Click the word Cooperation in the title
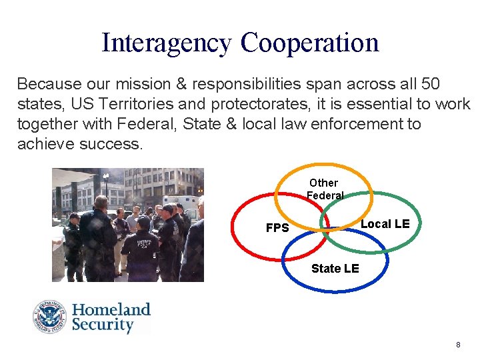pos(310,42)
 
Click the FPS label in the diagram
pos(277,228)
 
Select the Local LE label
pos(385,224)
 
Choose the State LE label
pos(335,268)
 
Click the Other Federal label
pos(324,189)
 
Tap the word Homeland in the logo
pos(111,310)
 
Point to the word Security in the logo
pos(103,325)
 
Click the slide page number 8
pos(458,345)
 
